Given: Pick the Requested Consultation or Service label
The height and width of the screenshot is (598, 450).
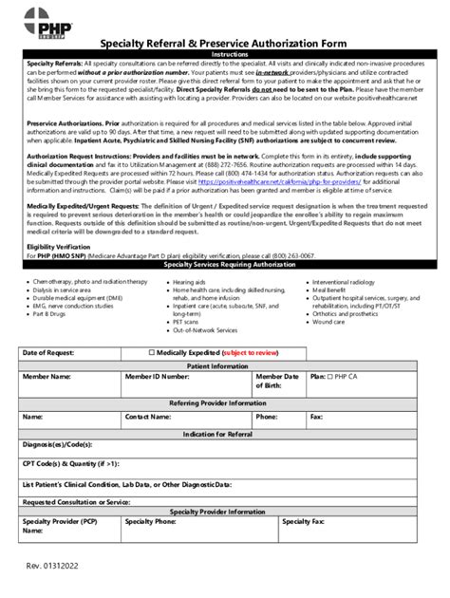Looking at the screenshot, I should click(76, 502).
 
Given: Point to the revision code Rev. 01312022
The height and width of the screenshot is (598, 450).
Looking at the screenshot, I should click(53, 567).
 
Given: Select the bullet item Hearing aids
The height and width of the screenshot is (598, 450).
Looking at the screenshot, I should click(189, 283).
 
